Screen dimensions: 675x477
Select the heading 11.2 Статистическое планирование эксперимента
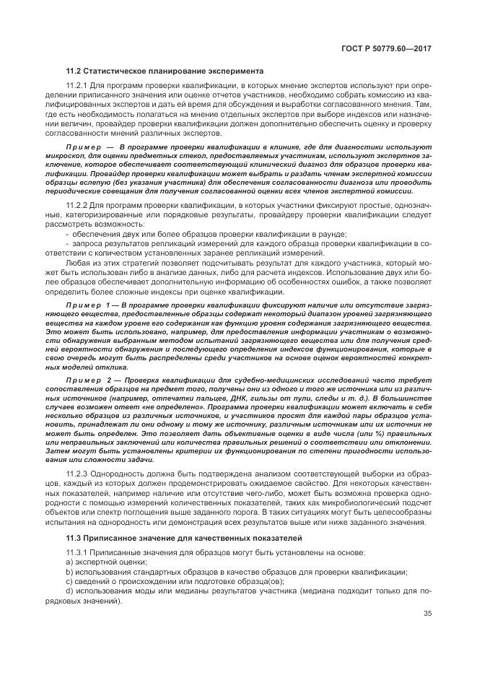tap(165, 71)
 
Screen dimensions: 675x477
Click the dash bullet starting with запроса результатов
tap(67, 244)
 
